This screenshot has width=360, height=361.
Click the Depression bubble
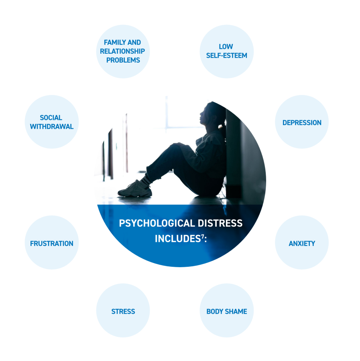pos(302,122)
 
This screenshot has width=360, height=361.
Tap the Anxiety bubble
pos(302,243)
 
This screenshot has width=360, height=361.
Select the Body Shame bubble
pos(226,311)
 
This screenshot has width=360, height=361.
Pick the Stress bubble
pos(123,311)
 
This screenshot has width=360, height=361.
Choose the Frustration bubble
pos(52,243)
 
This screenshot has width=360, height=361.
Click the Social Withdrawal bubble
pos(52,122)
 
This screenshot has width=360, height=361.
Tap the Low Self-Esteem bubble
pos(226,51)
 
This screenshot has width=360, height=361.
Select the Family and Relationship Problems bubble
pos(123,51)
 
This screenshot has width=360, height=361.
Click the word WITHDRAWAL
pos(52,127)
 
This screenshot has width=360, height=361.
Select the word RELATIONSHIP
pos(122,51)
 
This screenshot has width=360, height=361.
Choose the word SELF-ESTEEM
pos(226,55)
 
